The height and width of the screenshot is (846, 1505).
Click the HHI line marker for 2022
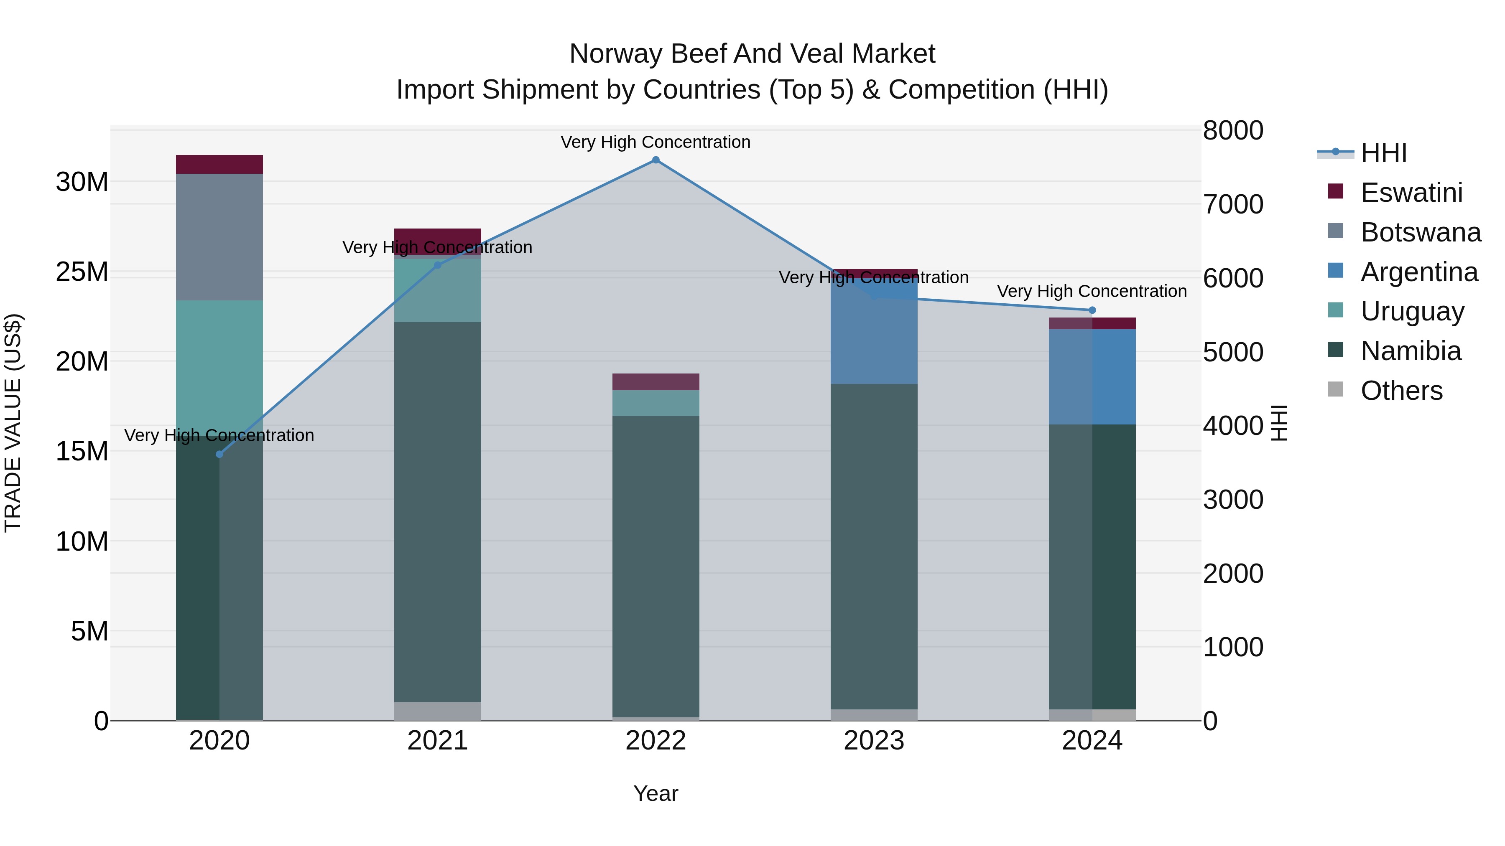[656, 160]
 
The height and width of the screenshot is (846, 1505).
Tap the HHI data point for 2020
[219, 454]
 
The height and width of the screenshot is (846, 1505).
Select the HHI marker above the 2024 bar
[1092, 310]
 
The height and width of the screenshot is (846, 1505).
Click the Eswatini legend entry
[1411, 193]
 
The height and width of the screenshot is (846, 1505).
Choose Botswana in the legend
[1420, 232]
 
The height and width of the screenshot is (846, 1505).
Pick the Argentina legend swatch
[1336, 271]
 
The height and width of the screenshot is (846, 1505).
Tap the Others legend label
[1401, 391]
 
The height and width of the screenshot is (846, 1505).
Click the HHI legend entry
[1383, 153]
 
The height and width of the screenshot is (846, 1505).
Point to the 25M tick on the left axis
[82, 272]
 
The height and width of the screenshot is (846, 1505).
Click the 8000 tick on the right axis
[1233, 130]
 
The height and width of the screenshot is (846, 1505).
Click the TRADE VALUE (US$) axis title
[13, 423]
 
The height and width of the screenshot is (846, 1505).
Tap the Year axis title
[656, 793]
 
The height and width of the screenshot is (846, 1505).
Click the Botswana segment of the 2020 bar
[219, 236]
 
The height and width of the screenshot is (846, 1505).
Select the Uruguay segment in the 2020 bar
[219, 362]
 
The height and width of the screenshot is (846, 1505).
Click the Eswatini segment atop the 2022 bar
[656, 381]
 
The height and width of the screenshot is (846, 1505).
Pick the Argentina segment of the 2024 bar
[1092, 376]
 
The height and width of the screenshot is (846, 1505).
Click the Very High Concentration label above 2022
[656, 142]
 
